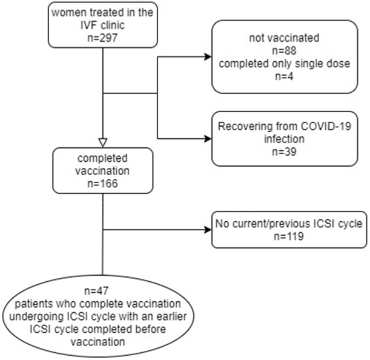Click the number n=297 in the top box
tap(102, 38)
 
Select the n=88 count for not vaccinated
tap(285, 51)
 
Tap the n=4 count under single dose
tap(285, 76)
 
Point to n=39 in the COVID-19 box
tap(285, 152)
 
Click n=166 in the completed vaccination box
tap(102, 184)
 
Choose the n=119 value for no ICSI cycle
tap(289, 236)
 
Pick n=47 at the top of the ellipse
tap(96, 291)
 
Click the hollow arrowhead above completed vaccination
tap(103, 142)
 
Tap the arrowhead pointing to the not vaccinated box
tap(208, 57)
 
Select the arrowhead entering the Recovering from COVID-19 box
tap(208, 139)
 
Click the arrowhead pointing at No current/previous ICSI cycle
tap(208, 230)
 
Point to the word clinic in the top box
tap(113, 25)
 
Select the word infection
tap(285, 139)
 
